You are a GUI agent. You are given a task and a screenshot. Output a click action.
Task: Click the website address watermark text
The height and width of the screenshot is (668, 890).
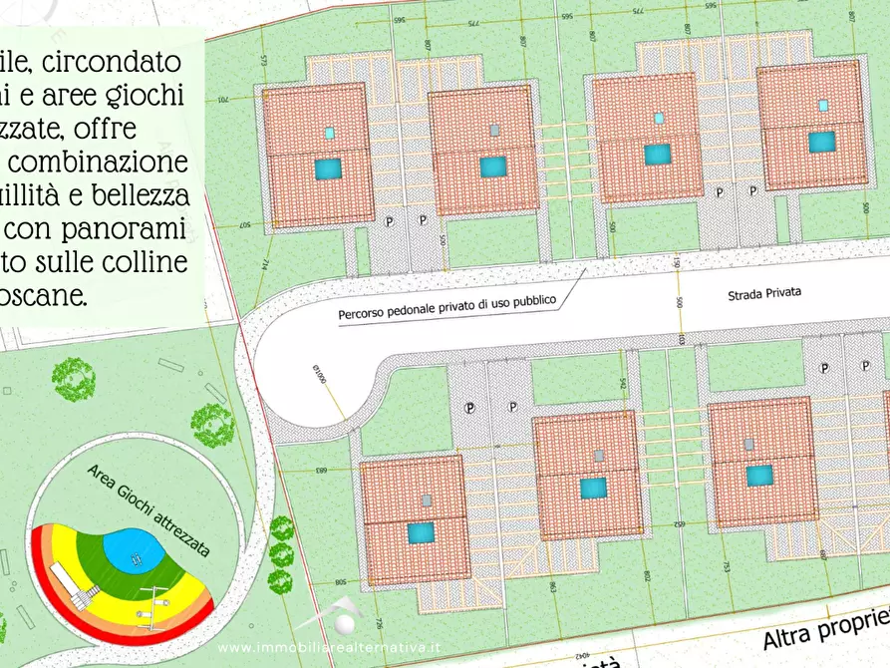tap(328, 647)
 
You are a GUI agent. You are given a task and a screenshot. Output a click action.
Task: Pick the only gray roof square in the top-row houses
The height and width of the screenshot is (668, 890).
tap(494, 131)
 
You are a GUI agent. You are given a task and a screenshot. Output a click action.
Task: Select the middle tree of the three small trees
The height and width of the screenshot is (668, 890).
tap(212, 426)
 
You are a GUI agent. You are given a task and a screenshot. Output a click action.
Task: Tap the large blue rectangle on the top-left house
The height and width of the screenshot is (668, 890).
tap(328, 168)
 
